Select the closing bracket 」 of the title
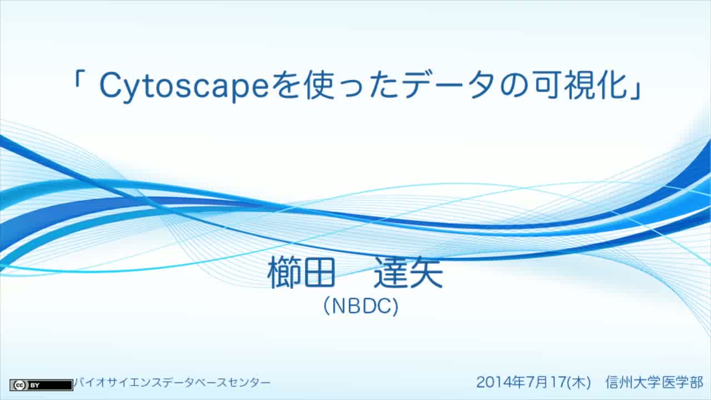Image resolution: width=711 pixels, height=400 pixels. coord(637,91)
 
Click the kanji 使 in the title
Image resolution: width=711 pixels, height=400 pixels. coord(319,85)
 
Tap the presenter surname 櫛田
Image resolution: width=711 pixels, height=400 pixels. coord(301,272)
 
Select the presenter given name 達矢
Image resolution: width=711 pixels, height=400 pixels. coord(408,272)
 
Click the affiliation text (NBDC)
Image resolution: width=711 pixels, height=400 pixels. coord(361,306)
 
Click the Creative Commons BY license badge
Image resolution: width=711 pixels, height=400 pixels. coord(41,385)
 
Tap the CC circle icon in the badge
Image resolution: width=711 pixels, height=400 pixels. coord(19,385)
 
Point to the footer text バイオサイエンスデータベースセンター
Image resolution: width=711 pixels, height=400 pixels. coord(172,383)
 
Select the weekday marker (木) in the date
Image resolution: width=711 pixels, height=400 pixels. coord(578,382)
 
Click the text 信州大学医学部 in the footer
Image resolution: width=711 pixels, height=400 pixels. coord(654,382)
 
